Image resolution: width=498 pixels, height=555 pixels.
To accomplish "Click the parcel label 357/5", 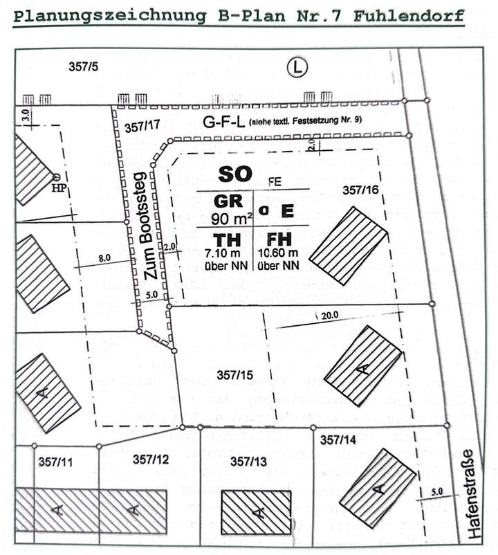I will point(84,68).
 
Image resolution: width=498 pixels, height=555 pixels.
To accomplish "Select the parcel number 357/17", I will point(144,126).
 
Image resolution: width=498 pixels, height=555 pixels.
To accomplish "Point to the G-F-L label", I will point(221,122).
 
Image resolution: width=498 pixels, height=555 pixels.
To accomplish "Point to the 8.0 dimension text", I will point(104,257).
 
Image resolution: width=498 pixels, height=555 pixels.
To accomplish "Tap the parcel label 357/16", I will point(359,189).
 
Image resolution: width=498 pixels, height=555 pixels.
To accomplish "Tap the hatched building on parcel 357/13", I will point(257,511).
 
